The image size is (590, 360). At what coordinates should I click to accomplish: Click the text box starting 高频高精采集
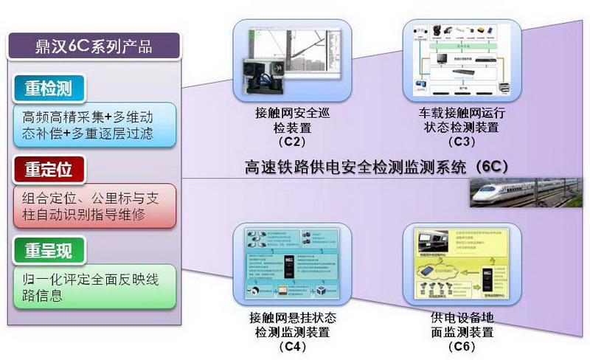click(94, 125)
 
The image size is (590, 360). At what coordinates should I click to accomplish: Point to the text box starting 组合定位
click(94, 206)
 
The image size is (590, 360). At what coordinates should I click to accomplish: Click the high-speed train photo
click(528, 193)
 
